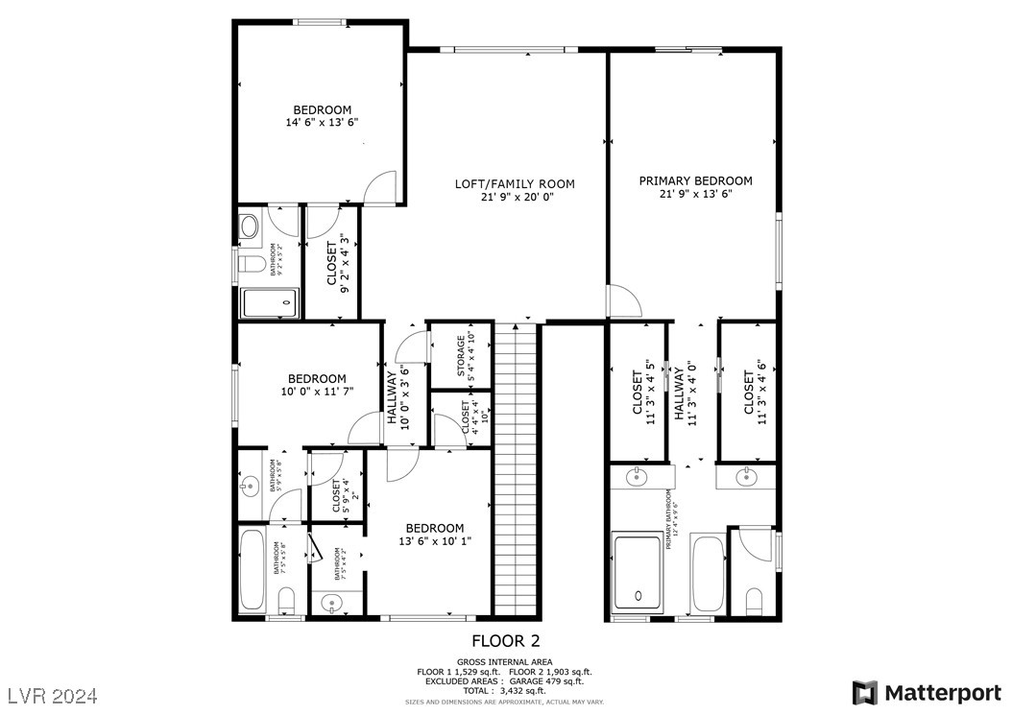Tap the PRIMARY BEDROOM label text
pyautogui.click(x=695, y=186)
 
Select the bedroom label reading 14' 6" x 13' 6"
pyautogui.click(x=322, y=116)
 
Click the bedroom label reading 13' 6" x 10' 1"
pyautogui.click(x=434, y=535)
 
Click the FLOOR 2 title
pyautogui.click(x=512, y=641)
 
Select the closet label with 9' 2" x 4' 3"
pyautogui.click(x=337, y=264)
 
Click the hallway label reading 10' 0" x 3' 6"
pyautogui.click(x=398, y=395)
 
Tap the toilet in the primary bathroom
pyautogui.click(x=754, y=601)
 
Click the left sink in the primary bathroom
pyautogui.click(x=637, y=476)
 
